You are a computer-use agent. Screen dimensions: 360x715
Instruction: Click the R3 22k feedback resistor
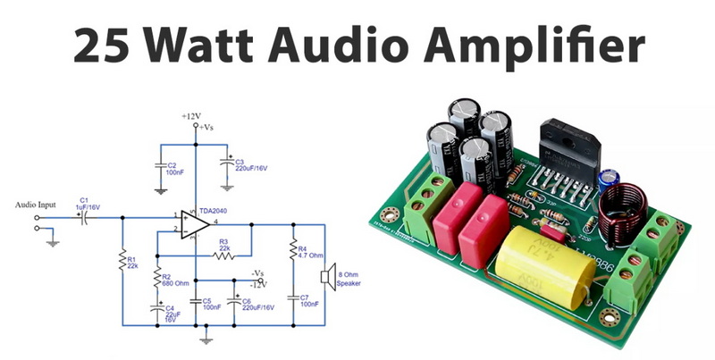223,255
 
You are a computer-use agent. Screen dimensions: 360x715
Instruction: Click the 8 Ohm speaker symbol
327,275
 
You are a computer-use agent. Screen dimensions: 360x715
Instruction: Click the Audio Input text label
36,205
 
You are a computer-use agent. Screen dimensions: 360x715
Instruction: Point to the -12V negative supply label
259,284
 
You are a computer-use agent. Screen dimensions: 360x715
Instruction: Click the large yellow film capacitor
545,261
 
